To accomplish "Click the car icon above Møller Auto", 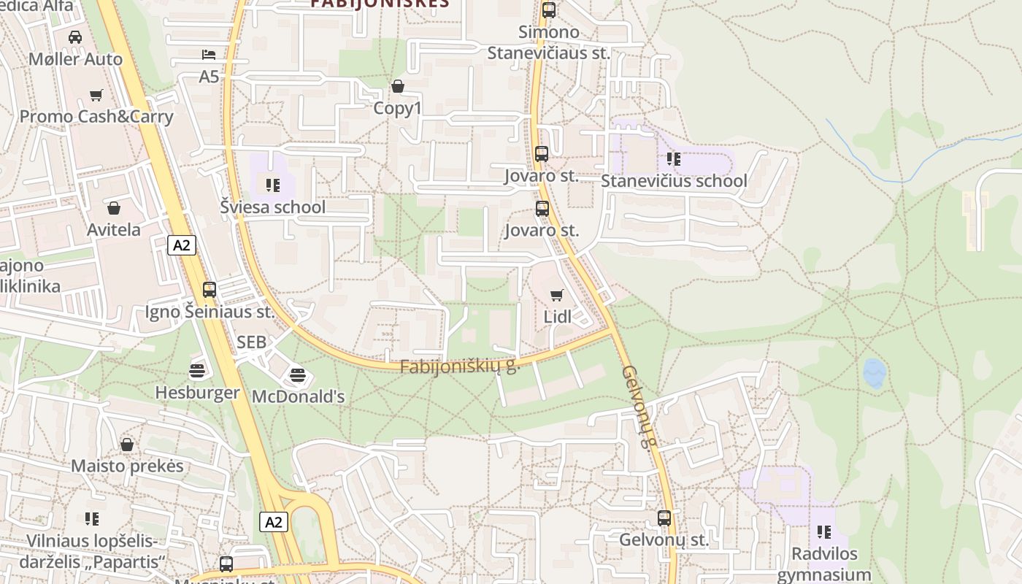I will (x=75, y=37).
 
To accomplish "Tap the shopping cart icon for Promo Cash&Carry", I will (x=96, y=95).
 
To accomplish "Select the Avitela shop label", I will (x=114, y=229).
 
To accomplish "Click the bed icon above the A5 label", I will (x=209, y=55).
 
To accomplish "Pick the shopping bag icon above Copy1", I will (x=398, y=87).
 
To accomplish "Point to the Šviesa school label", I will (x=273, y=207).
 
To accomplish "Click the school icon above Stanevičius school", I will (x=674, y=159).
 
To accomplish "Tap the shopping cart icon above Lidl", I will (x=557, y=296).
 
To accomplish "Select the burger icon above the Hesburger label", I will (x=197, y=371).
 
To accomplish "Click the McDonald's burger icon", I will (x=297, y=375).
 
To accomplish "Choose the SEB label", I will (x=251, y=342).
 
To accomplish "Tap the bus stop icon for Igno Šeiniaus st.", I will (x=210, y=290).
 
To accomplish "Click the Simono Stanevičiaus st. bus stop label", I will (x=548, y=42).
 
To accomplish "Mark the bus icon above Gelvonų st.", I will (x=664, y=518).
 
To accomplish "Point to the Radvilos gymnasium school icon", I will (x=824, y=532).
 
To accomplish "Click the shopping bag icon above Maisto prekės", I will (x=127, y=445).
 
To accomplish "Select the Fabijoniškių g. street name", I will (x=459, y=366).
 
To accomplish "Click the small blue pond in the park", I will (x=874, y=373).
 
